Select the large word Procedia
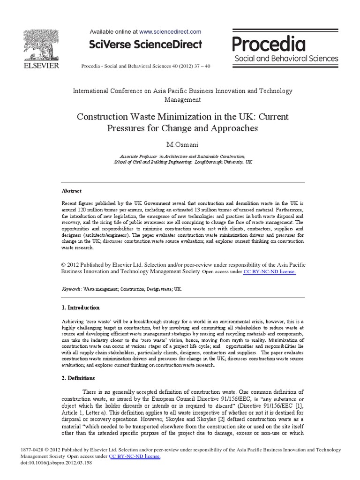click(x=269, y=44)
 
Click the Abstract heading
click(x=72, y=191)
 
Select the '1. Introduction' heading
click(x=81, y=308)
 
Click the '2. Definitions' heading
click(x=79, y=378)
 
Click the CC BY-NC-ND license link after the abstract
click(x=270, y=271)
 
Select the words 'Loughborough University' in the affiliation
click(x=217, y=162)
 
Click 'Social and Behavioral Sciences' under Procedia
click(x=286, y=59)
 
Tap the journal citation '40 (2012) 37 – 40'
click(x=191, y=66)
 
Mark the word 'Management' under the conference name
click(x=182, y=99)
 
